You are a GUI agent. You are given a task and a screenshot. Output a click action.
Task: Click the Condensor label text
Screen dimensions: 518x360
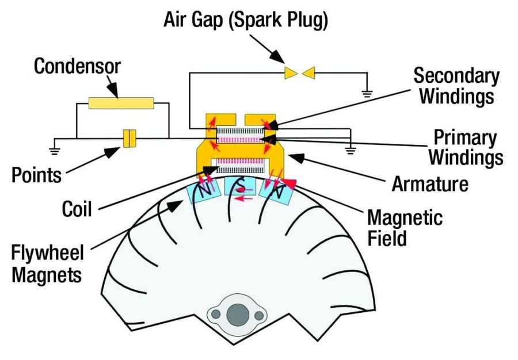(x=77, y=66)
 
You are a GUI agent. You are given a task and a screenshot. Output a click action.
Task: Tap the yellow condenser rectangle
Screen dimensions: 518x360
(x=121, y=103)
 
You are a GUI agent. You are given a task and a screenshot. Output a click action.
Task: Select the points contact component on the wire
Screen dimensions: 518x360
(x=129, y=139)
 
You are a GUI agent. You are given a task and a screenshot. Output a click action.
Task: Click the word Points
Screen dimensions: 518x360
(x=36, y=175)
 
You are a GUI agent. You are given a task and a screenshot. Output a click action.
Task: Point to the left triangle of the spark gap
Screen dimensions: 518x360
(x=291, y=72)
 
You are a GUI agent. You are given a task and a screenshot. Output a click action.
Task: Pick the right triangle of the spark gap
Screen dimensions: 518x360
(x=309, y=72)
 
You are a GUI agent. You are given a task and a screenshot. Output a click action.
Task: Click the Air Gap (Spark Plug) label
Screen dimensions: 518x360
(x=246, y=20)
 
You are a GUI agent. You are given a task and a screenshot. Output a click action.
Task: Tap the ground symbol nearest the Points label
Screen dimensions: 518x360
(x=55, y=151)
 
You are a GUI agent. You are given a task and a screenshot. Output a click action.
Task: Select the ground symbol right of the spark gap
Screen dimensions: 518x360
(x=367, y=93)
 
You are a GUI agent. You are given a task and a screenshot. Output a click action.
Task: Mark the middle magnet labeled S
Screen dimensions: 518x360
(x=240, y=186)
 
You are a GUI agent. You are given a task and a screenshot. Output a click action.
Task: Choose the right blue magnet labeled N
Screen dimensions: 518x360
(x=277, y=192)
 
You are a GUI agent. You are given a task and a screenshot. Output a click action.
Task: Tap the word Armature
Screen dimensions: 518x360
(x=430, y=183)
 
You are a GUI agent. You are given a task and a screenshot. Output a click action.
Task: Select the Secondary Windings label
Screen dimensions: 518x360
(x=456, y=86)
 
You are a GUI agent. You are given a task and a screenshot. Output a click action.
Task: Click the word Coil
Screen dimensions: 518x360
(x=77, y=209)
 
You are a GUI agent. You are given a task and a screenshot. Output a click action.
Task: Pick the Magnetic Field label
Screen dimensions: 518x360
(x=405, y=228)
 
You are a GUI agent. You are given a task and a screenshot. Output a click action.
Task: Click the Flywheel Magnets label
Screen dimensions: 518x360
(x=47, y=263)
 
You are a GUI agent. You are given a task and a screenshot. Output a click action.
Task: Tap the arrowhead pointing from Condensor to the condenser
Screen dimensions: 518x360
(x=113, y=90)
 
